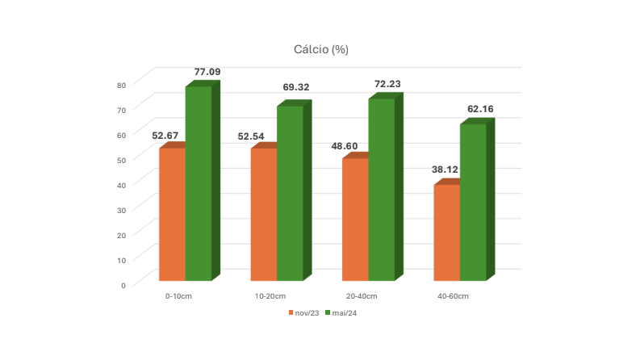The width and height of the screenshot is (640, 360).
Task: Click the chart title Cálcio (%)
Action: coord(321,49)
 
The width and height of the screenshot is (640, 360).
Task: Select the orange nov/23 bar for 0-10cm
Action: coord(172,214)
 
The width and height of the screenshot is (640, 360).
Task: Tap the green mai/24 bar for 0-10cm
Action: coord(199,183)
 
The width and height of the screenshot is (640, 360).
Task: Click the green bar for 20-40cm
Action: coord(382,190)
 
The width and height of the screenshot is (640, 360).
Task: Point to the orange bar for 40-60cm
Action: coord(447,232)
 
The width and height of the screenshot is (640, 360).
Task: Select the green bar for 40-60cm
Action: coord(473,202)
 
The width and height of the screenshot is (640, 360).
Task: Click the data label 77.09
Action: coord(207,72)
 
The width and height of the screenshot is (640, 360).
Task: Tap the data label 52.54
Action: coord(251,136)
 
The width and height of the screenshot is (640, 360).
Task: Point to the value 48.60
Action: coord(345,146)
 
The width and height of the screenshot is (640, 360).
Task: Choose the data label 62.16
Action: coord(480,109)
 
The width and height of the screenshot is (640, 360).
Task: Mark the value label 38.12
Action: coord(445,170)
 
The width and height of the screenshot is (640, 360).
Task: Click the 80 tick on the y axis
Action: coord(121,86)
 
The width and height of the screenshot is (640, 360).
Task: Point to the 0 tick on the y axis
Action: coord(123,286)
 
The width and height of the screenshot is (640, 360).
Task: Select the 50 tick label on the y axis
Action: coord(121,161)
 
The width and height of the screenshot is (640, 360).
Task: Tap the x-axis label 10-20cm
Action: coord(270,296)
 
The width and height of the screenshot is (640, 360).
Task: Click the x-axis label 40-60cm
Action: coord(453,296)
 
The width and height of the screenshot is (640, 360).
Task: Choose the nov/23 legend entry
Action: coord(303,313)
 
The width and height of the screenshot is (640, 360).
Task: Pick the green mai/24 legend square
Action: coord(328,312)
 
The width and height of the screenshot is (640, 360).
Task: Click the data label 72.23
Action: coord(387,84)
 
